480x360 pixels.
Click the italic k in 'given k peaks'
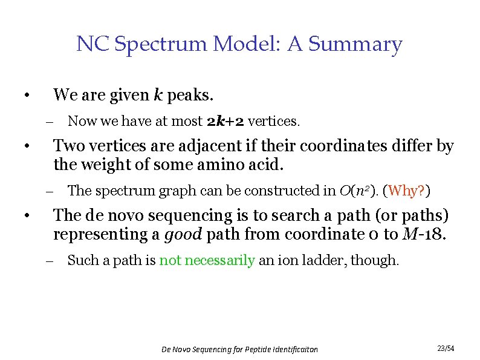pos(158,95)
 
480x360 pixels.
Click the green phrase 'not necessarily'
pos(207,261)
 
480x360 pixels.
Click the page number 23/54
pos(446,349)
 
